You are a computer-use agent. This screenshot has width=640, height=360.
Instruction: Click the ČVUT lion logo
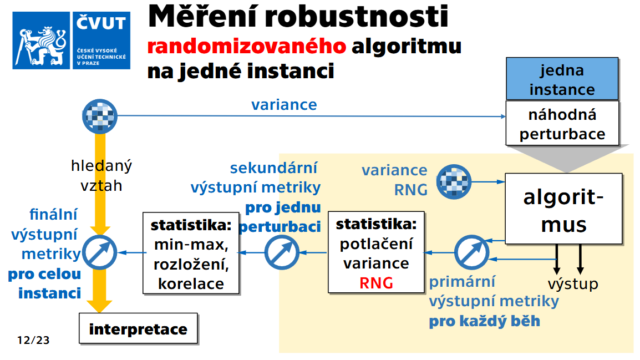tap(43, 41)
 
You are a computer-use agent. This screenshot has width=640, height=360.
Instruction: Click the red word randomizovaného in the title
tap(247, 46)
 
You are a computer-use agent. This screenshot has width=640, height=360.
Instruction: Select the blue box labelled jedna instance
tap(562, 79)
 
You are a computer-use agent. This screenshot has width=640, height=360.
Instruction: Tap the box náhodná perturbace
tap(562, 124)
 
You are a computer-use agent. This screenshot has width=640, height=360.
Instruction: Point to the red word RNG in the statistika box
tap(376, 283)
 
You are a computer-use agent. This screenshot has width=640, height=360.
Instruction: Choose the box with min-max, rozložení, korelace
tap(191, 252)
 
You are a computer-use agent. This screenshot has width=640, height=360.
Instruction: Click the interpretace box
tap(138, 329)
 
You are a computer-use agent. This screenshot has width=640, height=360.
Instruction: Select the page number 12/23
tap(33, 340)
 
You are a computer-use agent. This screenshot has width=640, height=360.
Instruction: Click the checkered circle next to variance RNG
tap(454, 181)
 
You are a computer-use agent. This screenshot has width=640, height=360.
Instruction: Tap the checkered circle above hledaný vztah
tap(100, 116)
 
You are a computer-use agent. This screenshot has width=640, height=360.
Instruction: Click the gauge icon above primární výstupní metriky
tap(471, 252)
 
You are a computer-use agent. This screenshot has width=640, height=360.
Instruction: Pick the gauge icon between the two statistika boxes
tap(282, 252)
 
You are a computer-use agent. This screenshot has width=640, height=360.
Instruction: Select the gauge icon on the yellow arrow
tap(100, 252)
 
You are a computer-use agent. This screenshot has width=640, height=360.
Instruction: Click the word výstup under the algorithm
tap(573, 284)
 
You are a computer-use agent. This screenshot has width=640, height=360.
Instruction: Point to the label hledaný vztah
tap(101, 175)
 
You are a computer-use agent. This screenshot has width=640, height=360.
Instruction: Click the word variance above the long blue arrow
tap(284, 105)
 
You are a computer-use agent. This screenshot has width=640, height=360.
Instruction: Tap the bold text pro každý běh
tap(484, 321)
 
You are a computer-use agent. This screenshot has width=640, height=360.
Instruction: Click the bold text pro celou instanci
tap(44, 283)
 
